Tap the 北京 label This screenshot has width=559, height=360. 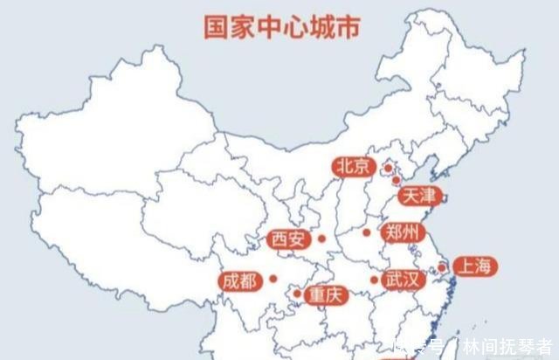[353, 166]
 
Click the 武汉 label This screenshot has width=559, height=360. [404, 280]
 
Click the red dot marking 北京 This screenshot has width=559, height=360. [387, 167]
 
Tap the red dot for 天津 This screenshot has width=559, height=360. [396, 180]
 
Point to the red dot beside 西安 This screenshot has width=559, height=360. [321, 239]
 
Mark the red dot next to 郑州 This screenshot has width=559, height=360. [367, 232]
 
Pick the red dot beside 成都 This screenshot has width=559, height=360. [273, 280]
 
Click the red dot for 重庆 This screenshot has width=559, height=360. [297, 293]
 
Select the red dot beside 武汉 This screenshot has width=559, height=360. [374, 280]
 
